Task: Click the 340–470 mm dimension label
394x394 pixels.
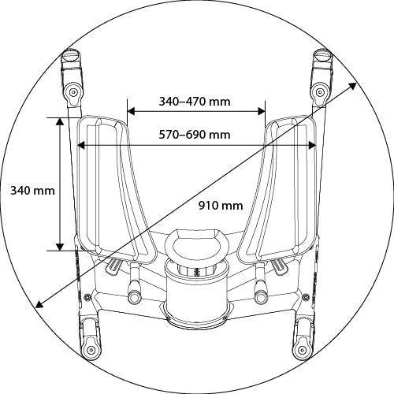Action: pos(195,102)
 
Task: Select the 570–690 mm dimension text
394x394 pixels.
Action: pos(195,135)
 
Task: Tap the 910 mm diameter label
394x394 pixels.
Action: pos(221,205)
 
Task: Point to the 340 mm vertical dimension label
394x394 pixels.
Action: pos(32,190)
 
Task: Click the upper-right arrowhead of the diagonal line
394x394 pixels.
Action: pos(352,86)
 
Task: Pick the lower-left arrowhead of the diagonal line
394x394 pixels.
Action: pos(39,304)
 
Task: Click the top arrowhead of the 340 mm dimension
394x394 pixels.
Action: pos(60,121)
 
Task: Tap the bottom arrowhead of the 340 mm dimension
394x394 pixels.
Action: pos(60,247)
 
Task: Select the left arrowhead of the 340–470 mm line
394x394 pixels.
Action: pos(131,111)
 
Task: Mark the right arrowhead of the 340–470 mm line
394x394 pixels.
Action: pos(262,111)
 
